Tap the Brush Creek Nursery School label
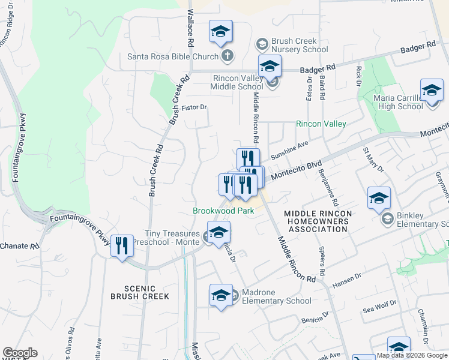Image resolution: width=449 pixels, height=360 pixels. (299, 44)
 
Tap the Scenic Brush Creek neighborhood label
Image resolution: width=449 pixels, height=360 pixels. (140, 292)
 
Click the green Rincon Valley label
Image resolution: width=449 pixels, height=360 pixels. (321, 124)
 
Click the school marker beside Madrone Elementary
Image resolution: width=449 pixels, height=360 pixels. (220, 295)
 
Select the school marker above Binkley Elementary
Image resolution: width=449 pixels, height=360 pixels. (379, 199)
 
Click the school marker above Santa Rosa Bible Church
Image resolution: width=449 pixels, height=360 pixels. (220, 31)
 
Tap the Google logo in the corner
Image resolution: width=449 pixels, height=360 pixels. (20, 353)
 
